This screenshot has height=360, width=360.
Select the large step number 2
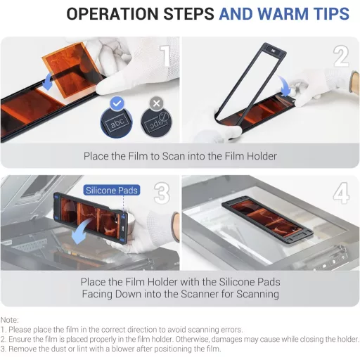pyautogui.click(x=341, y=56)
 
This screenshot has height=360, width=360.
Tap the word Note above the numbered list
pyautogui.click(x=11, y=320)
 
